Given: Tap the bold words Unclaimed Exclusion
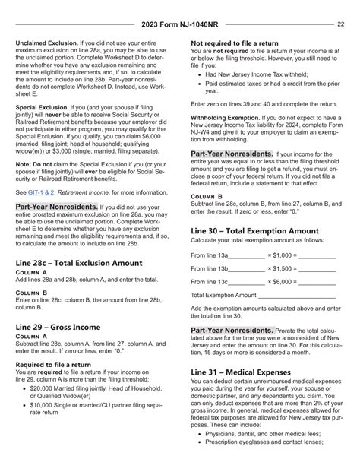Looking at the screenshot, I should click(46, 44).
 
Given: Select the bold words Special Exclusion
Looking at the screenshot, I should click(43, 129).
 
